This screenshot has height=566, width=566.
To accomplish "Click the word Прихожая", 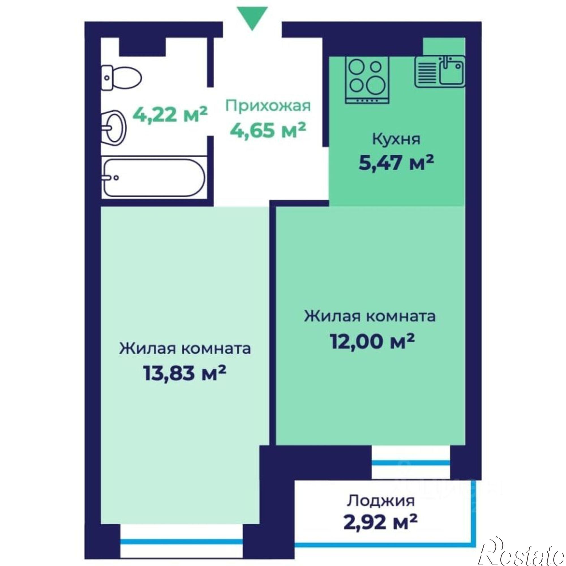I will (268, 106).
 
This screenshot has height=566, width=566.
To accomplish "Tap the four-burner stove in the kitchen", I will (367, 80).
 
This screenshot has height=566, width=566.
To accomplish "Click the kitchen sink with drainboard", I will (440, 72).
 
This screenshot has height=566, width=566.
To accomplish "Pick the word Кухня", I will (396, 140).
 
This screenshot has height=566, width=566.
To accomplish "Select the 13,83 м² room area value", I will (185, 374).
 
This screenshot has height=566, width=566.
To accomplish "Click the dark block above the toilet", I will (142, 47).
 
